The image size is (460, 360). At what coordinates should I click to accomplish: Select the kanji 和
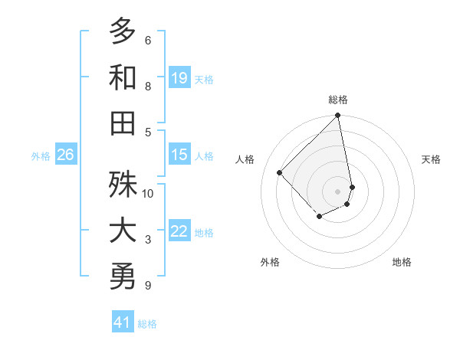[x=123, y=77]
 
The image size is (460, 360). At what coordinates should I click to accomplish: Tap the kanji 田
[x=123, y=123]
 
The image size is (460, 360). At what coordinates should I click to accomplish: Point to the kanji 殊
[x=123, y=185]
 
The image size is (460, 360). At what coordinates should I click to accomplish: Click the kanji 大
[x=123, y=231]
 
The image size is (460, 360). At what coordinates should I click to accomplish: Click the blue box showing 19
[x=179, y=78]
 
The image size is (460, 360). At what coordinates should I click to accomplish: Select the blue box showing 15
[x=179, y=155]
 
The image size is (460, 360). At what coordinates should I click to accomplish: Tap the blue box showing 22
[x=179, y=231]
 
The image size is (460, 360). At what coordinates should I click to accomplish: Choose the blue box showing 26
[x=65, y=155]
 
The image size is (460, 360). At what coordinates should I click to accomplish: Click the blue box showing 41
[x=123, y=322]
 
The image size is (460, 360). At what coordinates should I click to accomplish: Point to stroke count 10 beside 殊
[x=148, y=193]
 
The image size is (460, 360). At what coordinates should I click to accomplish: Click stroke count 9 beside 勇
[x=147, y=286]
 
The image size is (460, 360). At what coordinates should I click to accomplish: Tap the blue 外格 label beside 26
[x=41, y=155]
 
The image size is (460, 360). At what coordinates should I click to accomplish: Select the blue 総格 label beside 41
[x=147, y=324]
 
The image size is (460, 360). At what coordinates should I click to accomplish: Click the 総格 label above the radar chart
[x=338, y=100]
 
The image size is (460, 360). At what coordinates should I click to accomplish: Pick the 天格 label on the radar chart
[x=431, y=159]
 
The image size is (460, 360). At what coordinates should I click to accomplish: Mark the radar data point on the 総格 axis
[x=337, y=116]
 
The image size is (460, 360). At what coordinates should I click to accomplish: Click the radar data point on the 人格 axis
[x=280, y=172]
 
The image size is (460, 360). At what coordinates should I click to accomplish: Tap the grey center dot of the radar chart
[x=337, y=191]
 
